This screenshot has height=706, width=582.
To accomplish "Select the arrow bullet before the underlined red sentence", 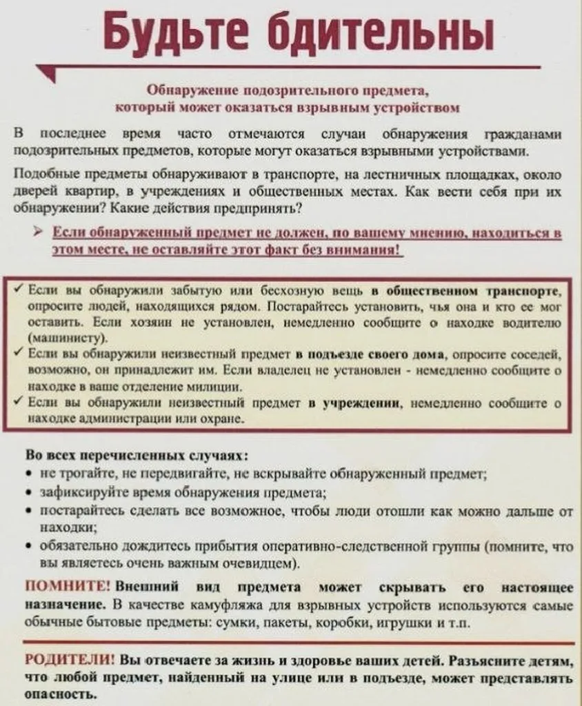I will [x=43, y=234].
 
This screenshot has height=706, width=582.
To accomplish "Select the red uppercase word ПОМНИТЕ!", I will [x=68, y=587].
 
